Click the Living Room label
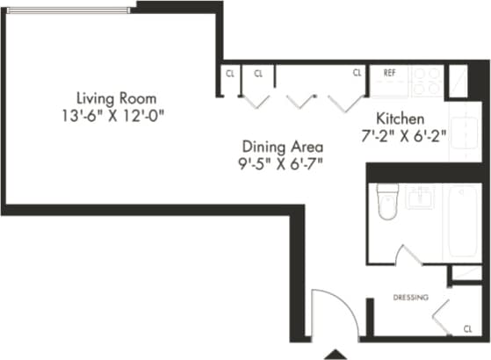pos(118,97)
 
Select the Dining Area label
pos(283,147)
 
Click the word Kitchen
pos(401,119)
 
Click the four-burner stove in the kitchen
pos(427,82)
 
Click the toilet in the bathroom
pos(386,202)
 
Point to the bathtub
pos(463,221)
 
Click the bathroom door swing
pos(409,256)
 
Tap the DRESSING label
pos(410,298)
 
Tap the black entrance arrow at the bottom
pos(335,353)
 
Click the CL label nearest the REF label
pos(357,73)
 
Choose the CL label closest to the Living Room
pos(229,73)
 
